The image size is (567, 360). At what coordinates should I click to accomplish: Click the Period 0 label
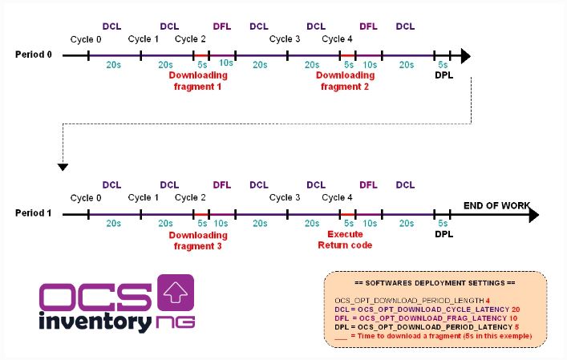pyautogui.click(x=34, y=55)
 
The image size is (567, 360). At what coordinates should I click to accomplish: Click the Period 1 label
pyautogui.click(x=34, y=214)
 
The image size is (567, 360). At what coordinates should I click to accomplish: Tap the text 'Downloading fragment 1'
pyautogui.click(x=198, y=80)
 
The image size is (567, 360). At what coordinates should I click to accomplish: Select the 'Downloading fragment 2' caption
pyautogui.click(x=344, y=80)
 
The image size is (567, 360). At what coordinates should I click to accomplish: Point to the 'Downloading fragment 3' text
pyautogui.click(x=198, y=240)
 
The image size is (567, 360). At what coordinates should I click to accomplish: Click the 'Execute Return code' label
pyautogui.click(x=344, y=240)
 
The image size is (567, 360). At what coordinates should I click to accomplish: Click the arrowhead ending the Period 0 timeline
pyautogui.click(x=466, y=56)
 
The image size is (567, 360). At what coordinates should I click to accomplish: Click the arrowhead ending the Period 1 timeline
pyautogui.click(x=533, y=215)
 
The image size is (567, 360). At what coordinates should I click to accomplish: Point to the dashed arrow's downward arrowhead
pyautogui.click(x=63, y=167)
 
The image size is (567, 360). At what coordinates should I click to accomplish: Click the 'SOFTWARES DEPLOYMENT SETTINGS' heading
pyautogui.click(x=435, y=283)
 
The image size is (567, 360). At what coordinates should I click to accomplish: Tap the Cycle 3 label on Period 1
pyautogui.click(x=285, y=197)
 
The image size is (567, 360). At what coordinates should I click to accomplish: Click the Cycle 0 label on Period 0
pyautogui.click(x=86, y=38)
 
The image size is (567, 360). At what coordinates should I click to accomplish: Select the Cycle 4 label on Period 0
pyautogui.click(x=337, y=38)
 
